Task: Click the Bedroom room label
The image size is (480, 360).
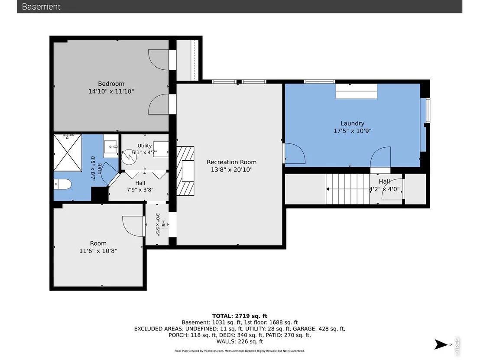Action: click(111, 84)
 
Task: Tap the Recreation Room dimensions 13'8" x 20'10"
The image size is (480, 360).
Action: click(231, 169)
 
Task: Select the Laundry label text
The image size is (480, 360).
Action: click(352, 123)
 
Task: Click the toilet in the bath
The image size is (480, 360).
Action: click(62, 184)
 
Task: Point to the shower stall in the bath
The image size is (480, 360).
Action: click(68, 153)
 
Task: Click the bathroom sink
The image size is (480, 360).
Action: click(110, 146)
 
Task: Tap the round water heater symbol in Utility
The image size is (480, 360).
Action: click(129, 157)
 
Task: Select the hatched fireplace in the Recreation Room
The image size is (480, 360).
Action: click(185, 171)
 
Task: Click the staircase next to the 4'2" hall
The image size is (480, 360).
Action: click(347, 189)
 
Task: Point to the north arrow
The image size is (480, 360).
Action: click(441, 344)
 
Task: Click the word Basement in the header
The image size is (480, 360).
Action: click(41, 6)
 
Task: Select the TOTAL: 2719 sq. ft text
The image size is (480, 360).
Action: click(240, 316)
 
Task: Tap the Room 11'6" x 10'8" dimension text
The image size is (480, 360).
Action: click(98, 251)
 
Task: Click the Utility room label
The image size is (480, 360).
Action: click(145, 146)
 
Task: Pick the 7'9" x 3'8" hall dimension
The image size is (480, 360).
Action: click(140, 189)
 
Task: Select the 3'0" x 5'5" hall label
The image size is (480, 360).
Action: click(161, 224)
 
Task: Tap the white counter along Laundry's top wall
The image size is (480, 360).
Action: click(357, 91)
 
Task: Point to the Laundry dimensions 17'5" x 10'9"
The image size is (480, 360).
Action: click(352, 131)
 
